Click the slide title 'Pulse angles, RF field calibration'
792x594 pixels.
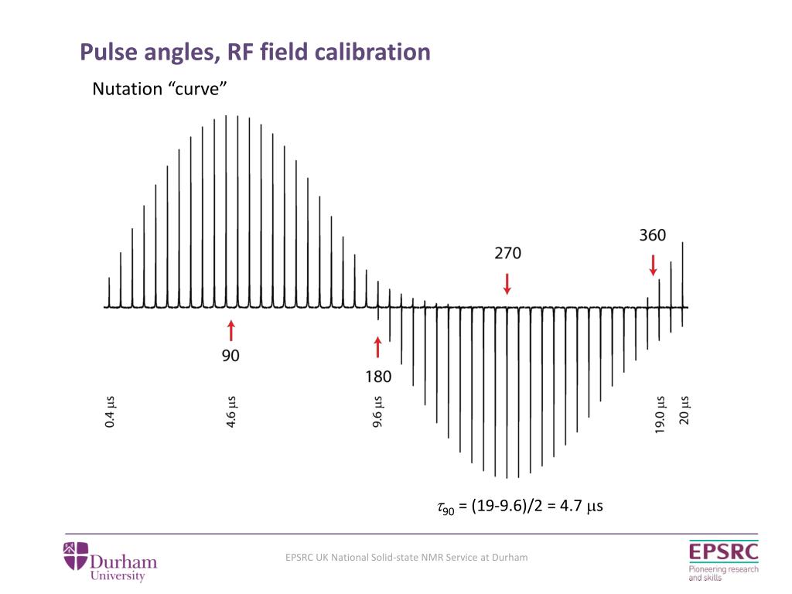point(255,53)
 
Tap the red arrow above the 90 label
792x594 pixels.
point(230,330)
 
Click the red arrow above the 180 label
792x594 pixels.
point(377,347)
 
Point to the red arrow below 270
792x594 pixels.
point(507,282)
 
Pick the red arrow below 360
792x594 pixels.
point(653,265)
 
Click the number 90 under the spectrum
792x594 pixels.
point(230,357)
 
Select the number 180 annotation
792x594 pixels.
point(378,377)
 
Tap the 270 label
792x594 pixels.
point(508,253)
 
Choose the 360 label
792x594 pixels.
point(653,235)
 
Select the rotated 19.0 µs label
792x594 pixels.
point(660,416)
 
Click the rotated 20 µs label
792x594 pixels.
point(684,411)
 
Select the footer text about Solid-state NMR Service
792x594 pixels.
point(406,557)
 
